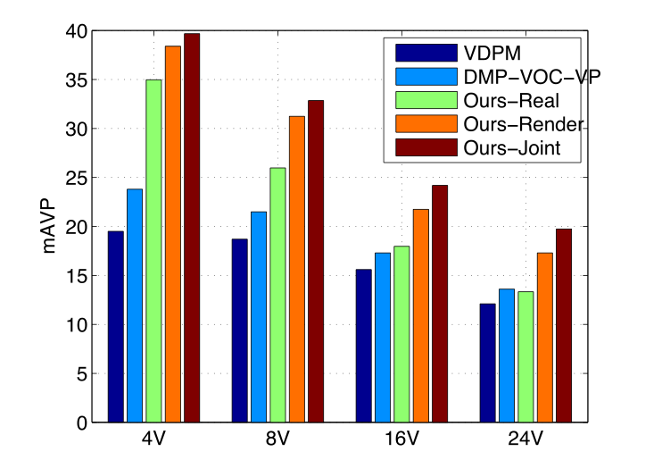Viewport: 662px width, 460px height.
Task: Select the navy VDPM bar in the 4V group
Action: [115, 326]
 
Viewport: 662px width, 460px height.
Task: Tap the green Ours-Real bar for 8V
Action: [277, 295]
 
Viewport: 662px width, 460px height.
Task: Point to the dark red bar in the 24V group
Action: [563, 325]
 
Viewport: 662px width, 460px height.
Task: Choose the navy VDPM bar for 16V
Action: [363, 345]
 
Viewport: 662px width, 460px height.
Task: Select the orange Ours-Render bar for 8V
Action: [296, 269]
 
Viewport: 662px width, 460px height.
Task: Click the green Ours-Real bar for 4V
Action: [153, 250]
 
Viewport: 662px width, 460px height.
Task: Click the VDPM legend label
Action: [487, 51]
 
